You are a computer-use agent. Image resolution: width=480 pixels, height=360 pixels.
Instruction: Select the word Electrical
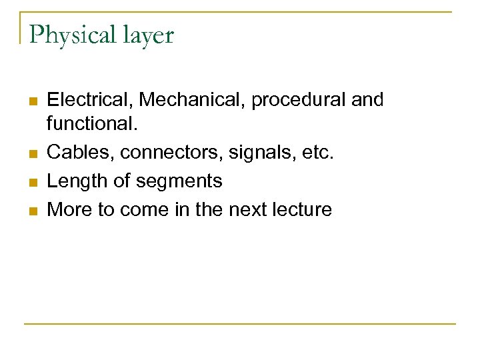(x=91, y=100)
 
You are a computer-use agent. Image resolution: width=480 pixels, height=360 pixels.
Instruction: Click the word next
(x=249, y=209)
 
